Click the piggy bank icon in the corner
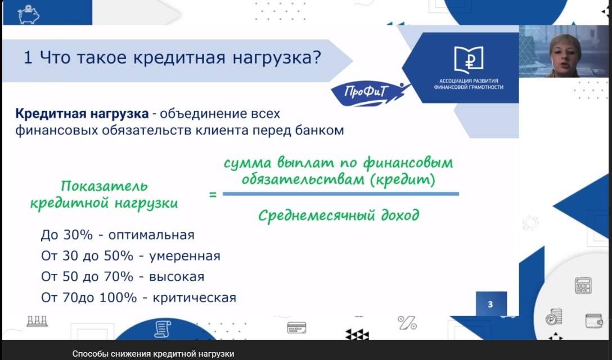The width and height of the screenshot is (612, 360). coord(28,14)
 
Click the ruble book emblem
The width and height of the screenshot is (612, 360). coord(469,60)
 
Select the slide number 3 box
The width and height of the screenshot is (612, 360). coord(491,303)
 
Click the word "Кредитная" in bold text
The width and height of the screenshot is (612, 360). coord(51,114)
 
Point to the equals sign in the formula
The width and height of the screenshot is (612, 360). coord(213,194)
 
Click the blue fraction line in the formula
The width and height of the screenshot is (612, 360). coord(341,193)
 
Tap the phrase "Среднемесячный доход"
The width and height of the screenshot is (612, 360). coord(339,215)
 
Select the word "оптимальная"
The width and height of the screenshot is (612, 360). coord(151,235)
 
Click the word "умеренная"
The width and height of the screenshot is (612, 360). coord(184,256)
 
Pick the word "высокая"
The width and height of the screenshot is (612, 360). coord(177,276)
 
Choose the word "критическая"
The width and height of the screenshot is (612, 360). coord(195,298)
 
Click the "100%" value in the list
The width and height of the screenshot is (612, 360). coord(118,298)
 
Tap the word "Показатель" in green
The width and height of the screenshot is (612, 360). coord(104,186)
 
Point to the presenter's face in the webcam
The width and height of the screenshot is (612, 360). coord(564,54)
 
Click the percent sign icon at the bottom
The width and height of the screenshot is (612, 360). coord(407,323)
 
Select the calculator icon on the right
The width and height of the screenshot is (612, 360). coord(583,285)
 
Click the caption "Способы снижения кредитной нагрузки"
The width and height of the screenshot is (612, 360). coord(153,354)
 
